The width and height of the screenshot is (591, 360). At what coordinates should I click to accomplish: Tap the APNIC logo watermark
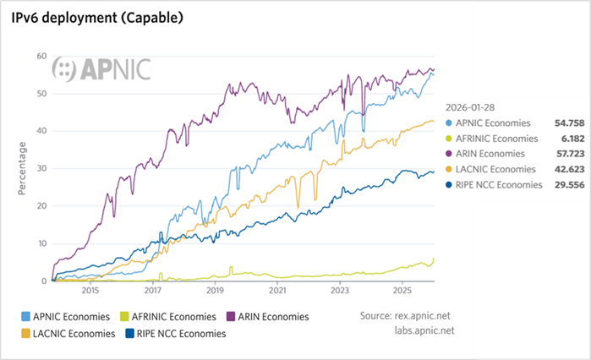[x=101, y=69]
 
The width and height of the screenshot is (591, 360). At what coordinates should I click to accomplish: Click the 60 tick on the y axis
[x=41, y=57]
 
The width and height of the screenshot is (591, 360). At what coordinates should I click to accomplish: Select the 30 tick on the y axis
[x=41, y=169]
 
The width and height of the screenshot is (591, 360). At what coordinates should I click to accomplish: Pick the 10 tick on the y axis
[x=41, y=243]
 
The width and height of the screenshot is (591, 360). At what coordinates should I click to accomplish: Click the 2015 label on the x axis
[x=90, y=291]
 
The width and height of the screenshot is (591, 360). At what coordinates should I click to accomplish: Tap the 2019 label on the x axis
[x=215, y=291]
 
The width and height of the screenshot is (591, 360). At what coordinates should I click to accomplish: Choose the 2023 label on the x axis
[x=339, y=291]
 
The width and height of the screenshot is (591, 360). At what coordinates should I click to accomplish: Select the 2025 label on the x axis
[x=402, y=291]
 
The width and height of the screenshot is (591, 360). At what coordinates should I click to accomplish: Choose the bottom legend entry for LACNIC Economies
[x=73, y=334]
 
